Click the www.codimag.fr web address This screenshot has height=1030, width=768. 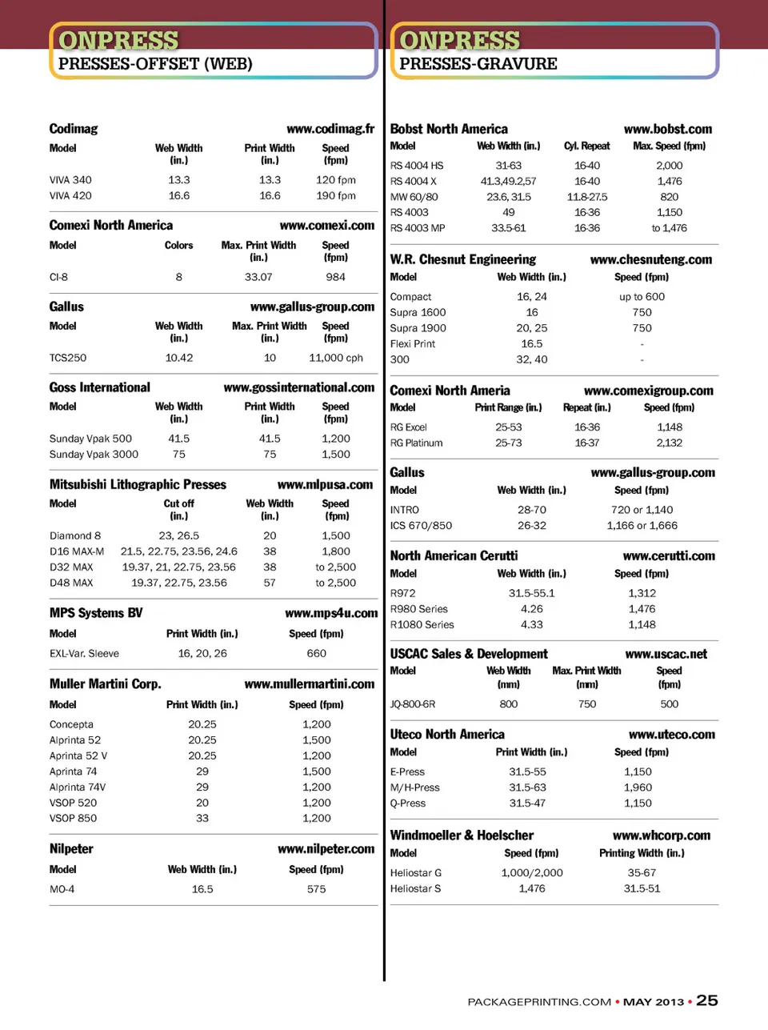[330, 129]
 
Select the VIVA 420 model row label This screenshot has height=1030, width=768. [70, 195]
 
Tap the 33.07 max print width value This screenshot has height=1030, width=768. [258, 277]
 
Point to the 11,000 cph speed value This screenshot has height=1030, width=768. [336, 358]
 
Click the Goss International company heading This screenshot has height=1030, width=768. [100, 387]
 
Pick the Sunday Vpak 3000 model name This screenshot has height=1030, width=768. [94, 454]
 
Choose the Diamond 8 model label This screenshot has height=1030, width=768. [75, 535]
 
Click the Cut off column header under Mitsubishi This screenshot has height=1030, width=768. [178, 503]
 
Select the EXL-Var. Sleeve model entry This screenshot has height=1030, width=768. [84, 653]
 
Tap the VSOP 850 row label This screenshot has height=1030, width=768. [73, 818]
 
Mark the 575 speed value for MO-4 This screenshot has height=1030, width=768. [316, 889]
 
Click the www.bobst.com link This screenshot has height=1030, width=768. [667, 129]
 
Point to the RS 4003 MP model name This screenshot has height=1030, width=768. [418, 228]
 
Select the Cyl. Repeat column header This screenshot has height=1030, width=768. [586, 146]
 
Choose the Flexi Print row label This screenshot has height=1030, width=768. [413, 343]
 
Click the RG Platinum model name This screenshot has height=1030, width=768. [416, 443]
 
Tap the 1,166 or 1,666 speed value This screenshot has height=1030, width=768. [642, 526]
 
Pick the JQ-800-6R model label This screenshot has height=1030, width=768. [413, 704]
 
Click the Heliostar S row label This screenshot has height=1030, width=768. [415, 888]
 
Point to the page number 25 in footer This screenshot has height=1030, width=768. [706, 1000]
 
